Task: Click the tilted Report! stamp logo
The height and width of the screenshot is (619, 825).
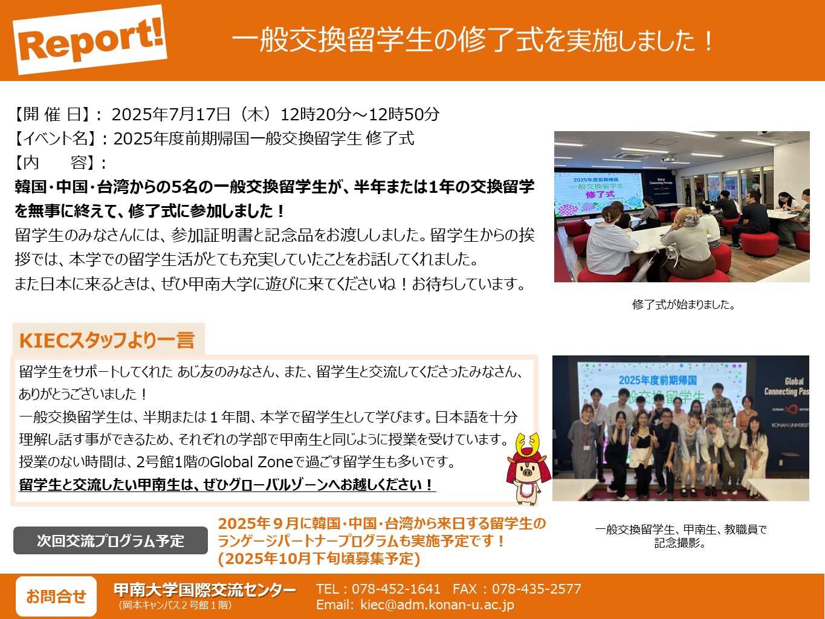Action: (90, 39)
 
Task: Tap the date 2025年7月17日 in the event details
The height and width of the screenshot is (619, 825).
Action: (171, 114)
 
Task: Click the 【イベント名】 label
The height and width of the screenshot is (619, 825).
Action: (56, 138)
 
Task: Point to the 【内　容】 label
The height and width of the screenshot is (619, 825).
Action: (56, 163)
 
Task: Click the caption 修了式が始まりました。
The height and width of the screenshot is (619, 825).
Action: (684, 305)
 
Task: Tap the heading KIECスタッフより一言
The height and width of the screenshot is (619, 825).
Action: (107, 340)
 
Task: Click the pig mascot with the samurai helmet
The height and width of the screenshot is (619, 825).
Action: (528, 468)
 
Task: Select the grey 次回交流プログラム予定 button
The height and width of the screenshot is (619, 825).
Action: (111, 540)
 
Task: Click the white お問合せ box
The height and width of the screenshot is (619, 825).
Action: (56, 596)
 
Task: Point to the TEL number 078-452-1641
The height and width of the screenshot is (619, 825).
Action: (396, 589)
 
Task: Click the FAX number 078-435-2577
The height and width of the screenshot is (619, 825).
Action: (537, 589)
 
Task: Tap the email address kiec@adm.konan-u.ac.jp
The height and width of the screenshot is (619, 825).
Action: (437, 604)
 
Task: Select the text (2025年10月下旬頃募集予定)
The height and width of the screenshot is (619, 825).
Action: (319, 559)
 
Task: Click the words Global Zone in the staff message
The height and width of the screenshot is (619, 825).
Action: (251, 462)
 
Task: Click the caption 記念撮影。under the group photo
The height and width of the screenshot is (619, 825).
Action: (681, 543)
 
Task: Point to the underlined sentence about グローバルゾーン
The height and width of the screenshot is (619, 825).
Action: (227, 485)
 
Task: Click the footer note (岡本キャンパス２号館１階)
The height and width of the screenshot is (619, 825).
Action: (175, 606)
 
